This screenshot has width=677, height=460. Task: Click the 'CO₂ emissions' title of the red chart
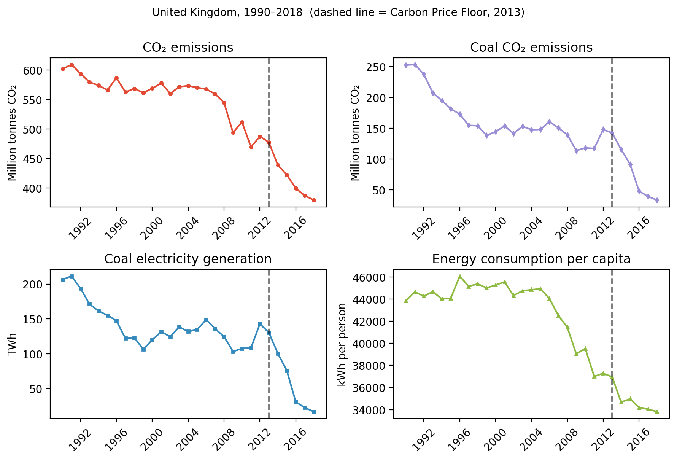click(188, 48)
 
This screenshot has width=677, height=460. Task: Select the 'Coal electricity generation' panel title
click(188, 259)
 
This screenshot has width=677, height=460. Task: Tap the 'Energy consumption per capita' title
click(531, 259)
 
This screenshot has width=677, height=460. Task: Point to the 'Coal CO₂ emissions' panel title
click(531, 48)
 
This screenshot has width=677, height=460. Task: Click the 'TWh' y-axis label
click(12, 344)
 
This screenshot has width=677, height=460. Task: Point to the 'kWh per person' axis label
click(342, 344)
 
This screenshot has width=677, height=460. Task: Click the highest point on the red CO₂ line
click(72, 65)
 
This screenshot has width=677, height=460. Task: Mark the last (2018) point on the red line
click(314, 200)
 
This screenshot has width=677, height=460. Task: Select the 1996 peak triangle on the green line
click(459, 276)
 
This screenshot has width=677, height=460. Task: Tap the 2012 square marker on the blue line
click(260, 324)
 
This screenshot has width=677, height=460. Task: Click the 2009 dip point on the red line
click(233, 132)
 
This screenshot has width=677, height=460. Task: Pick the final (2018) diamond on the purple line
click(657, 200)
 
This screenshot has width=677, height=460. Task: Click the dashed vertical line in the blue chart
click(269, 344)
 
